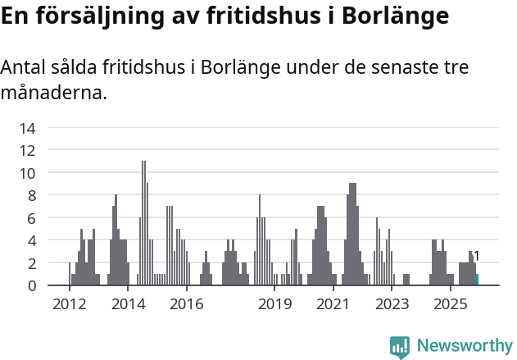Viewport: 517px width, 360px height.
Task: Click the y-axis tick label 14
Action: [28, 128]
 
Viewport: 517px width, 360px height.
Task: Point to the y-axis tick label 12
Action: [28, 150]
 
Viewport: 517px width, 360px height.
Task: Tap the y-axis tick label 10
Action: [28, 173]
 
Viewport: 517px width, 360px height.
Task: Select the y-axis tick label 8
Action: [31, 195]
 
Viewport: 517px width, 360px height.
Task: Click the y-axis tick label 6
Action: [31, 218]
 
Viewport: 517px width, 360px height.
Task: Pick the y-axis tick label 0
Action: [31, 285]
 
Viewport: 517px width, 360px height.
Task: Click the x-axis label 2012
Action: [70, 305]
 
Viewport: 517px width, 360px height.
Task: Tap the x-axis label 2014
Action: [128, 305]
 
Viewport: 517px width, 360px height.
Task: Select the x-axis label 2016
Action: [187, 305]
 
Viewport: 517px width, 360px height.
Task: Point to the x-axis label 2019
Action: [275, 305]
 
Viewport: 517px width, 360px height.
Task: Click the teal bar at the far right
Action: [478, 280]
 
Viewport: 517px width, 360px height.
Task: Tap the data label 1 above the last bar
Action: [477, 256]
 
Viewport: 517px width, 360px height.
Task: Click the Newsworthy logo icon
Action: [400, 347]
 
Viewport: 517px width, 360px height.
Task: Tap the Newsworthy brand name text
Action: [465, 346]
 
